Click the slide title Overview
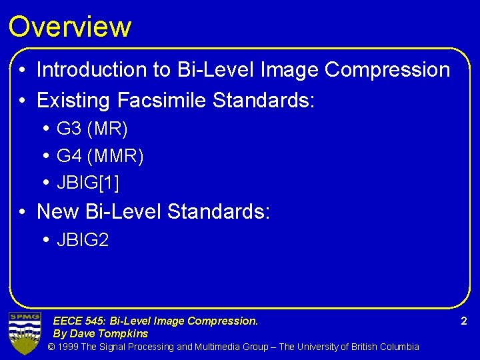point(69,27)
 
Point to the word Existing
point(73,101)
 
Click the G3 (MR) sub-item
point(92,129)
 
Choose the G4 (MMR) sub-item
point(100,157)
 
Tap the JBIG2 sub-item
point(83,240)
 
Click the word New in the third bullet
point(58,212)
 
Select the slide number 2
point(464,321)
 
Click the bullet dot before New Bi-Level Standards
point(23,213)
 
